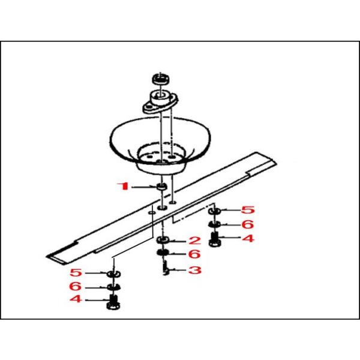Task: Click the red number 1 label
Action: tap(123, 186)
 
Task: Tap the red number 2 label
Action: tap(194, 241)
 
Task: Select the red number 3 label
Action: tap(194, 270)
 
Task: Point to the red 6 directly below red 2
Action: tap(194, 254)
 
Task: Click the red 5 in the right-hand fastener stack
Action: tap(248, 210)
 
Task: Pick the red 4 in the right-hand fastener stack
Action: tap(248, 239)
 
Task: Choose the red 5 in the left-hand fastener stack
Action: tap(76, 273)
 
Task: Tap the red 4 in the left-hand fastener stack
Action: tap(76, 299)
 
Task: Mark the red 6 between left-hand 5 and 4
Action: tap(76, 286)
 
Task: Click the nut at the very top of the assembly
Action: tap(161, 79)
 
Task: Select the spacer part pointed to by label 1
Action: tap(161, 187)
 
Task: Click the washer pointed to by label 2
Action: tap(163, 241)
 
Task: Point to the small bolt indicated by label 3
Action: tap(166, 269)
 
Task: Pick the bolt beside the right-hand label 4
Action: tap(215, 240)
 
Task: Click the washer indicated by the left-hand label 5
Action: tap(114, 274)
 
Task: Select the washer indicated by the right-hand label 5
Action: tap(214, 210)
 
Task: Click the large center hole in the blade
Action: tap(162, 208)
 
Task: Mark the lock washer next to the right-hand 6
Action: tap(214, 224)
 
